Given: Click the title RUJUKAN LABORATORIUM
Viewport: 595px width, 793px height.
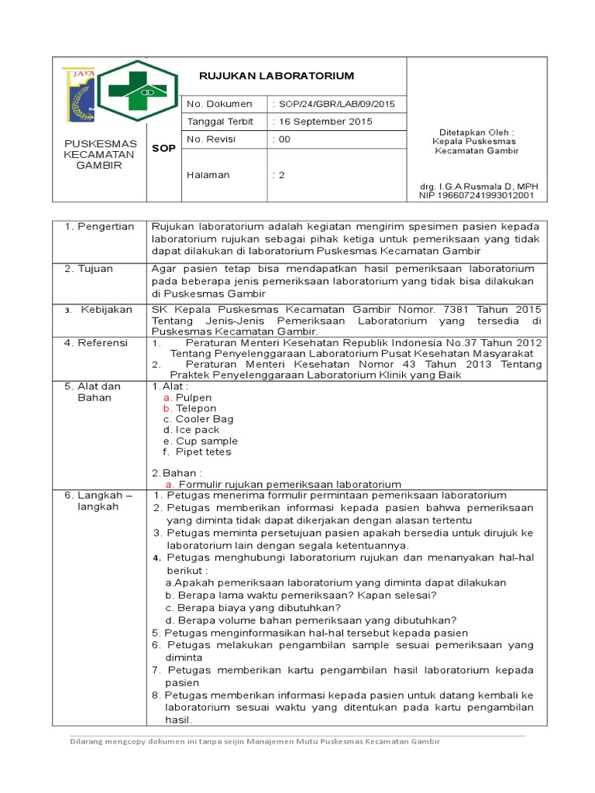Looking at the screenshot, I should tap(277, 76).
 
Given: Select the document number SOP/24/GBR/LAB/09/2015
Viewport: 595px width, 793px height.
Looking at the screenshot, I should tap(334, 104).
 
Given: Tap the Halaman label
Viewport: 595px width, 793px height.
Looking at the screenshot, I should tap(208, 175).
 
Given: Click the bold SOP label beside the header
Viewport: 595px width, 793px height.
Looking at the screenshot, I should tap(163, 149).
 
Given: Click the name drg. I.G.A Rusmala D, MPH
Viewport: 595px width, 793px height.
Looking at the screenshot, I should tap(477, 187).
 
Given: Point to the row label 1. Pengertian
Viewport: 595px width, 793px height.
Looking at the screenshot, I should tap(99, 227).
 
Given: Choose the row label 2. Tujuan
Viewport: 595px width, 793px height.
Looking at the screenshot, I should tap(89, 269).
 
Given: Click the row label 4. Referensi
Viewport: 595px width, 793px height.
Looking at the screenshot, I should tap(96, 343).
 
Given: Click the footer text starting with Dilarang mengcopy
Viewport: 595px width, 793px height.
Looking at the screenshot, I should tap(255, 741).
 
